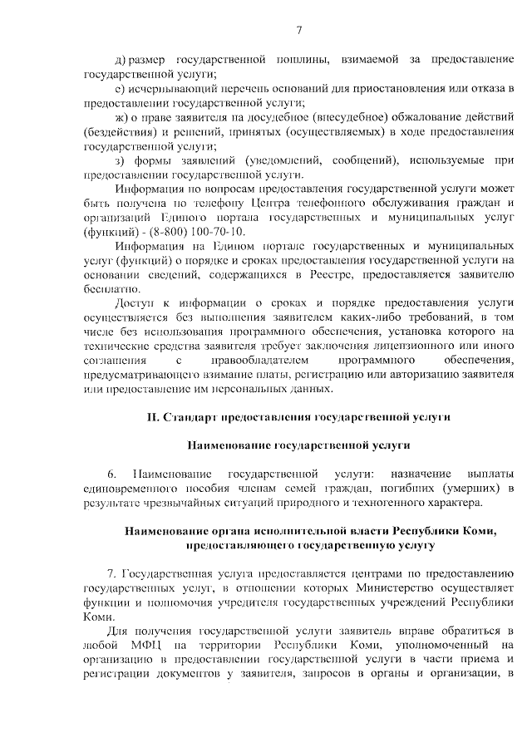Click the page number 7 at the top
[298, 31]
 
